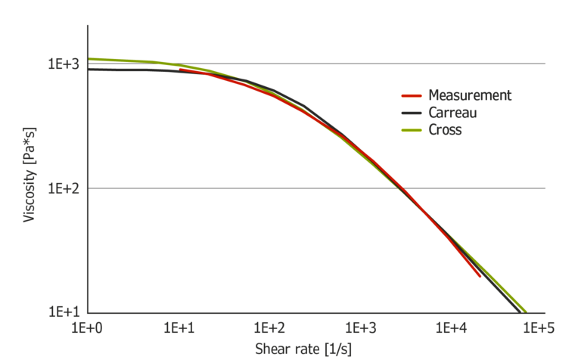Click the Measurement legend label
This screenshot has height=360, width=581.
point(470,95)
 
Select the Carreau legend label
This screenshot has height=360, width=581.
point(452,113)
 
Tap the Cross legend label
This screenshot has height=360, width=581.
point(445,130)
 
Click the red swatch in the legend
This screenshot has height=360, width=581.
point(411,96)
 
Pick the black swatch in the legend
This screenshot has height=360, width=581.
point(411,113)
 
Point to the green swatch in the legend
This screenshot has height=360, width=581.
point(411,131)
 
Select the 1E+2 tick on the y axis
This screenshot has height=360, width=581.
point(64,188)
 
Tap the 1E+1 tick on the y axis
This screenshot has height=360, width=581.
point(64,312)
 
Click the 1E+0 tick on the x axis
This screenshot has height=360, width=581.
point(89,327)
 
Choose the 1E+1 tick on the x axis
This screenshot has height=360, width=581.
point(179,327)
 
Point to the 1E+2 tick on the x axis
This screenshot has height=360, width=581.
point(269,327)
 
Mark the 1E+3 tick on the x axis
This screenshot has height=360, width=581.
point(359,327)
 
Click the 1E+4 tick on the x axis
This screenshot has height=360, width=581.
point(449,327)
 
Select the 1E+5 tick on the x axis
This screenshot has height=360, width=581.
point(539,327)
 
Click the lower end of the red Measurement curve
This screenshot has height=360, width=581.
point(480,276)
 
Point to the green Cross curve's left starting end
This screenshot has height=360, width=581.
point(90,59)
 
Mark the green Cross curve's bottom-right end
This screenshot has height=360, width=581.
point(525,311)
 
